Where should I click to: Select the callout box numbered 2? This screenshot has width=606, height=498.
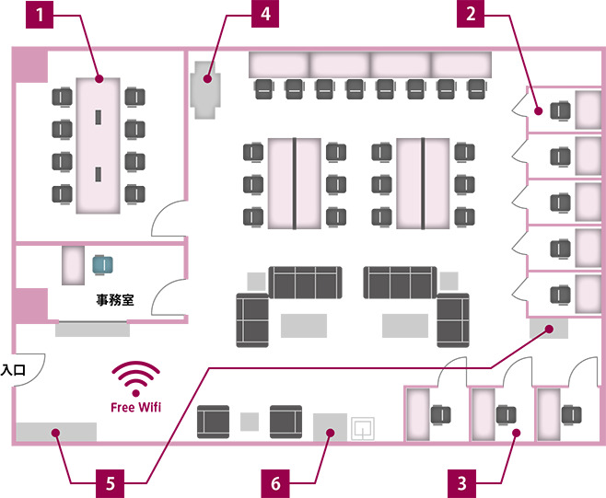pyautogui.click(x=470, y=14)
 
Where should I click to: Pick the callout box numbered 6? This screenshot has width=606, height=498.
pyautogui.click(x=274, y=481)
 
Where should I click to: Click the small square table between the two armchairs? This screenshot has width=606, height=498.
pyautogui.click(x=248, y=422)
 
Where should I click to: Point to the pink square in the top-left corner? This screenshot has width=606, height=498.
pyautogui.click(x=30, y=65)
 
